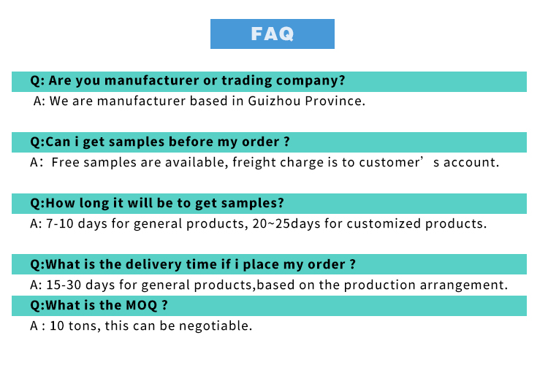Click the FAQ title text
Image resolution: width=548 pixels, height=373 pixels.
[273, 34]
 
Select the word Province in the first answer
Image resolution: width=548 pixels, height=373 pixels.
[335, 101]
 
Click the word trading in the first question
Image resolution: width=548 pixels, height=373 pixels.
[247, 80]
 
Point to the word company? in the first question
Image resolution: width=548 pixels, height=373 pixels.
[311, 81]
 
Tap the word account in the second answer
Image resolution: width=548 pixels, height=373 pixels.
[471, 162]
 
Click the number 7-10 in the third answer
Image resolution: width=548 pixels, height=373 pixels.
[60, 223]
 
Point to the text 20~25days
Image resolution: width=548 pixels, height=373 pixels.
[286, 224]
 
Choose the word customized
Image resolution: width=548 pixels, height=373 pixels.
[384, 223]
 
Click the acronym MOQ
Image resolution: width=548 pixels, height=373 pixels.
[142, 306]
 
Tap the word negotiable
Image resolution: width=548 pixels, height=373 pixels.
[216, 326]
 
